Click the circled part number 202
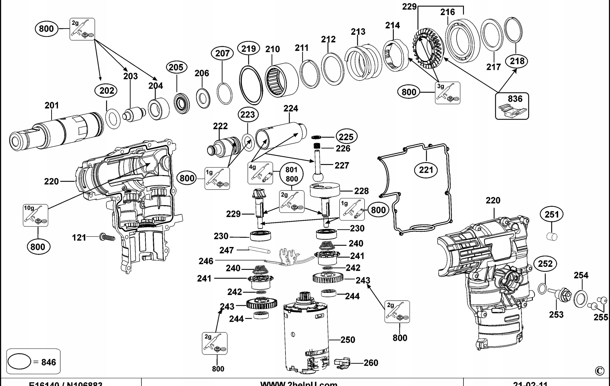click(107, 91)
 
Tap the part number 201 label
click(52, 105)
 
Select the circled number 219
click(248, 49)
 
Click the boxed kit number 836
click(515, 99)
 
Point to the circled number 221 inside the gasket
click(426, 170)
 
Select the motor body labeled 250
click(306, 335)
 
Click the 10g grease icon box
click(36, 215)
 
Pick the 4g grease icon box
click(260, 173)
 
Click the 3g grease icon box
click(447, 93)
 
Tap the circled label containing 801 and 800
click(292, 174)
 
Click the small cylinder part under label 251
click(552, 237)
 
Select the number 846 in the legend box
click(48, 362)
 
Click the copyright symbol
click(599, 371)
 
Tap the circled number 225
click(346, 137)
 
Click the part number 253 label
click(556, 314)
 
